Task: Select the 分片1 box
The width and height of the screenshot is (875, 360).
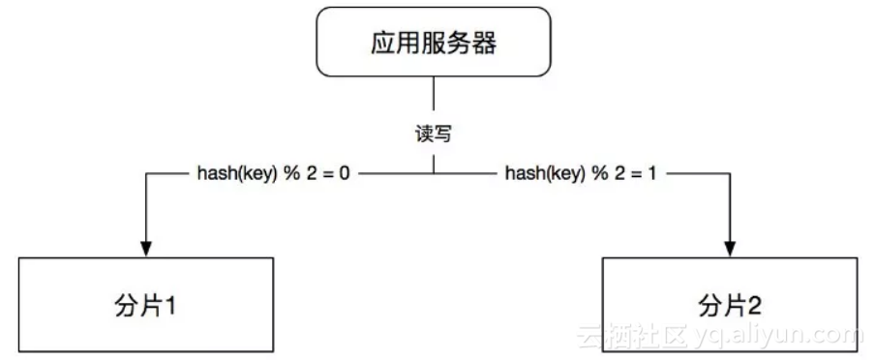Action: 147,306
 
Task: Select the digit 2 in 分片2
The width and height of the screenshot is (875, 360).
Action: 755,307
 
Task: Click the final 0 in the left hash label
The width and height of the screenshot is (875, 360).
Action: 342,175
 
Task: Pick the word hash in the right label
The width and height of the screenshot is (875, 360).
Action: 524,175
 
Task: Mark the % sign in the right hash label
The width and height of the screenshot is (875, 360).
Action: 597,175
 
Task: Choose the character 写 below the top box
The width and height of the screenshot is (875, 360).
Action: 441,135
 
